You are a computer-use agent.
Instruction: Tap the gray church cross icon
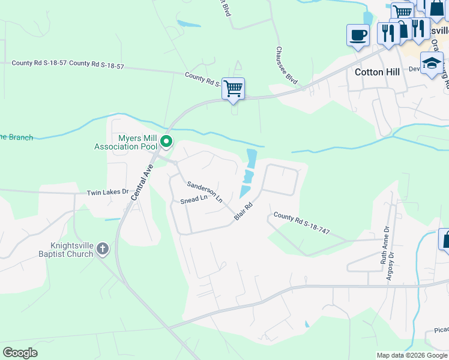point(103,248)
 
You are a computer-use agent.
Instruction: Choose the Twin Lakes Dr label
point(108,192)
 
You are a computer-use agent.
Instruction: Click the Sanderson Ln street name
point(205,191)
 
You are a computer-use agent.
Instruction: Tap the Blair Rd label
point(243,211)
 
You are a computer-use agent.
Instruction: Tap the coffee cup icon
point(358,34)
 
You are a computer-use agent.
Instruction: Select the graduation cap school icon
point(432,63)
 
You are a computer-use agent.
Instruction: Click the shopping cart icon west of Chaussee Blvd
point(233,88)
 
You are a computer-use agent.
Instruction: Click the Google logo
point(20,353)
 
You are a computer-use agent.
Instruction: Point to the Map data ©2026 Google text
point(412,355)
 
